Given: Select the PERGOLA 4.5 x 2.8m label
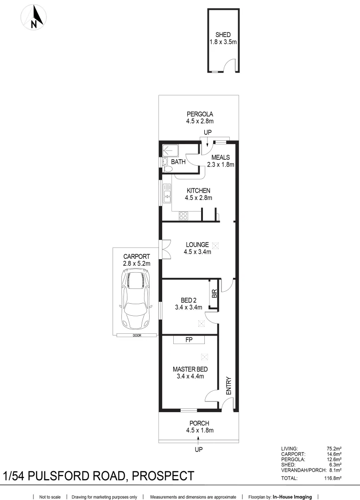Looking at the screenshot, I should click(200, 118).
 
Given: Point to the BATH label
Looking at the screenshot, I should click(178, 162).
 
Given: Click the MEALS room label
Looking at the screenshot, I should click(221, 161).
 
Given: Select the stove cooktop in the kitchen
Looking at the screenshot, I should click(183, 215).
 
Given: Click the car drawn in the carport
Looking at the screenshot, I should click(136, 300).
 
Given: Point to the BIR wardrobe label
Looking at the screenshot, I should click(214, 294).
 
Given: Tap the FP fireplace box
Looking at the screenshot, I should click(189, 340).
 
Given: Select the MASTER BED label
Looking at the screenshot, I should click(190, 373).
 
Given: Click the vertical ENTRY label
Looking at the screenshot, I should click(228, 385).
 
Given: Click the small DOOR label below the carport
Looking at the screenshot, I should click(136, 335).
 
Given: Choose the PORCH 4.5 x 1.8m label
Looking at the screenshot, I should click(199, 426).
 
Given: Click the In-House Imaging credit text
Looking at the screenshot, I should click(292, 497).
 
